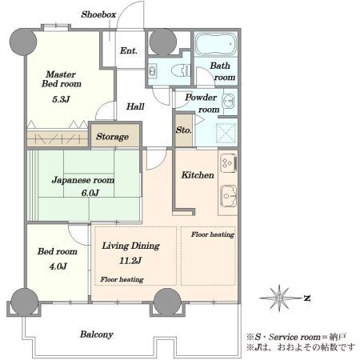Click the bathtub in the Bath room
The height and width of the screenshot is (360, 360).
tap(216, 44)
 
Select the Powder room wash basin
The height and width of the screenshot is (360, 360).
tap(228, 102)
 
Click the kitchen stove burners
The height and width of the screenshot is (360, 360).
tap(229, 162)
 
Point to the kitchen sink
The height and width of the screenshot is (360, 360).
tap(228, 196)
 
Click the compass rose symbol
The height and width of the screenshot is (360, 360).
tap(279, 298)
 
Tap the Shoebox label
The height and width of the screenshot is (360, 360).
tap(98, 14)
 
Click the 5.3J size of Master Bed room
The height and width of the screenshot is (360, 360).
tap(61, 99)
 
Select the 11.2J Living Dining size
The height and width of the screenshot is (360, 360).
tap(130, 261)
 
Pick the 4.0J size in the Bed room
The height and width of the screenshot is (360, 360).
tap(58, 266)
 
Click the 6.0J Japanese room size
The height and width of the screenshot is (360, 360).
tap(90, 193)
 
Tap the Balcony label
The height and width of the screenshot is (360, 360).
tap(97, 334)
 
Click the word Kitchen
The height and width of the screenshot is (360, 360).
tap(198, 175)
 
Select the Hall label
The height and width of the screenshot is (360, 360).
tap(135, 106)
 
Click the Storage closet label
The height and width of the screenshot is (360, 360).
tap(112, 137)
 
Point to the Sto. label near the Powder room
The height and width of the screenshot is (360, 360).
tap(184, 130)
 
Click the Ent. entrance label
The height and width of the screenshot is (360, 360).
tap(129, 50)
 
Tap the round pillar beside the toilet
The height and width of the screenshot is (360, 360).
tap(163, 42)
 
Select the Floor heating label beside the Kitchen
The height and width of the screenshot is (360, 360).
tap(213, 234)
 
